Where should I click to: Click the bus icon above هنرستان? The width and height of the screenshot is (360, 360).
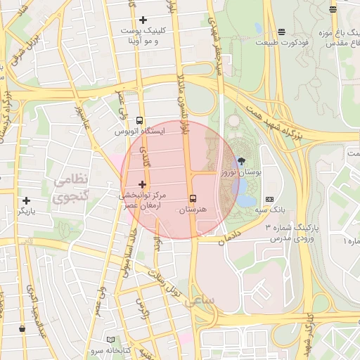pos(193,198)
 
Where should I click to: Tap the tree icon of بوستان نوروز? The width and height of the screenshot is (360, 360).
pos(243,161)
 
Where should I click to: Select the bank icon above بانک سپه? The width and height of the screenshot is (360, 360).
pos(269,200)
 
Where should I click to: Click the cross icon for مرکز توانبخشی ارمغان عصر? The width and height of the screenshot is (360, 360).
pos(143,184)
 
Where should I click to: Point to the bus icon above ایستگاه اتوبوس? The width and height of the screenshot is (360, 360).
pos(139,120)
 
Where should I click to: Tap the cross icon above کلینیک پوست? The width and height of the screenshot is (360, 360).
pos(143,20)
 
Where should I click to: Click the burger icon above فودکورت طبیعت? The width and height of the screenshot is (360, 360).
pos(281,32)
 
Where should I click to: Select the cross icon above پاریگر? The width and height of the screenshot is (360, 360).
pos(26,200)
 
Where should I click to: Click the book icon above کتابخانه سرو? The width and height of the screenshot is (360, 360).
pos(110,340)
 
